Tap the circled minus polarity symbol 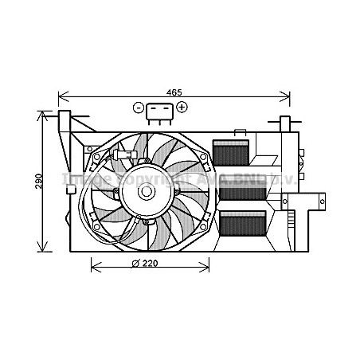click(x=139, y=107)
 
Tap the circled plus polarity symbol click(x=182, y=107)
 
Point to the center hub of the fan click(x=147, y=191)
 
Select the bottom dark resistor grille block click(x=242, y=225)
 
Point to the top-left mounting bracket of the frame click(x=65, y=124)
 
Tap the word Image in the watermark click(x=80, y=179)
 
